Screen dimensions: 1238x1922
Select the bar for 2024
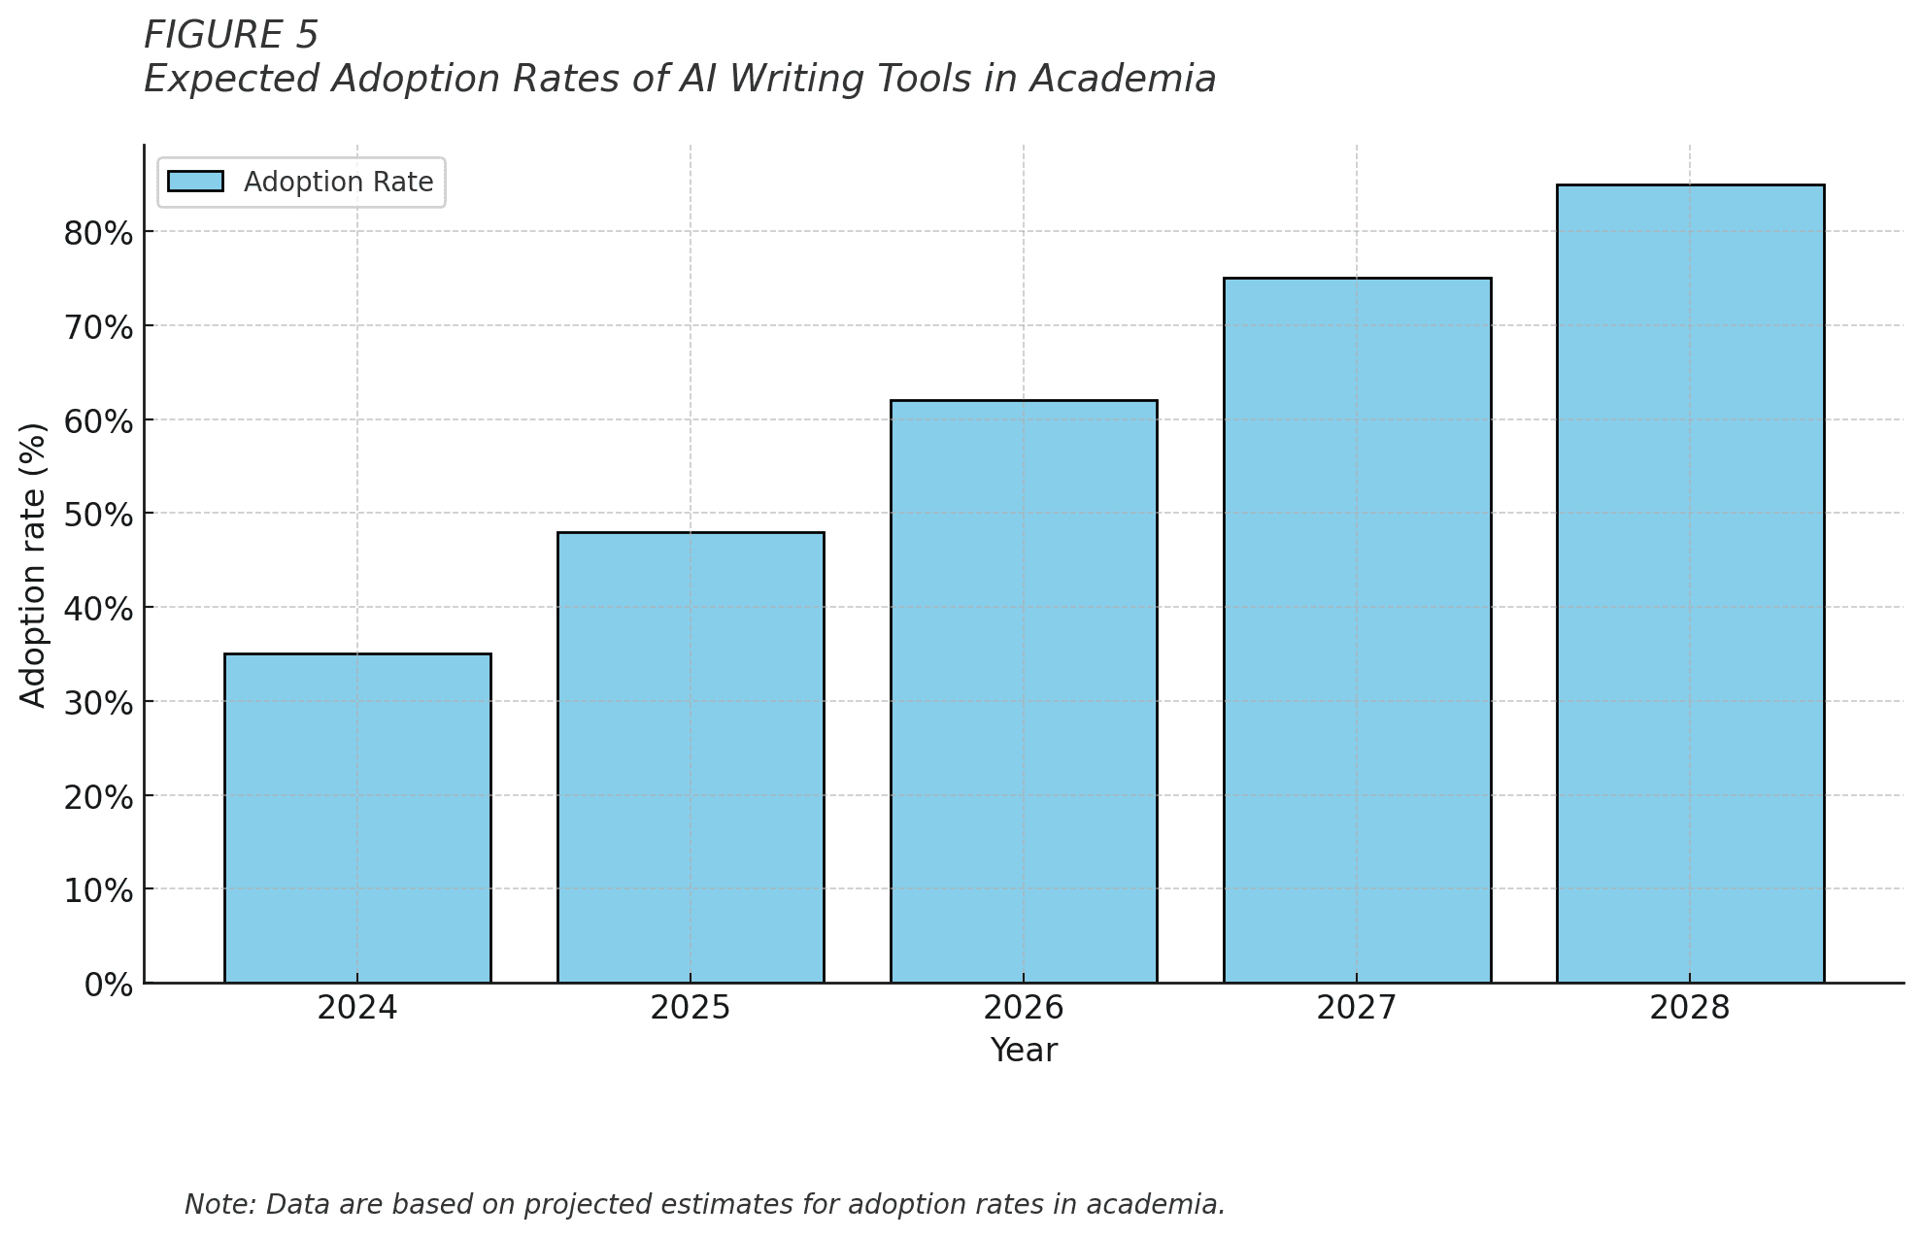[x=357, y=818]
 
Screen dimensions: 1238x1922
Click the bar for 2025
[x=691, y=757]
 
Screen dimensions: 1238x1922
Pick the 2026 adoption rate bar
[x=1024, y=691]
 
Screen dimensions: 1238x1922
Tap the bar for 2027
[x=1357, y=630]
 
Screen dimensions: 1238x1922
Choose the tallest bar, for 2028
[x=1690, y=583]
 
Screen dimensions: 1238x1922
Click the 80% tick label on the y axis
[x=98, y=233]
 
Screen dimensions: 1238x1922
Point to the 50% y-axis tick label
[x=98, y=515]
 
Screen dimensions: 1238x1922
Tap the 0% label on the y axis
[x=108, y=986]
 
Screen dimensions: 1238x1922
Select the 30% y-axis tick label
[x=98, y=703]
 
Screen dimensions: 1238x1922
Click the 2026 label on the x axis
[x=1024, y=1009]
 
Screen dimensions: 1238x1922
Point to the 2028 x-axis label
[x=1690, y=1009]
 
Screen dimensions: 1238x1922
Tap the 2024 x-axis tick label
[x=357, y=1009]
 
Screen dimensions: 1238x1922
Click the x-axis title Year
[x=1024, y=1051]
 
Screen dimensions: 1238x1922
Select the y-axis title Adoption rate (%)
[x=33, y=564]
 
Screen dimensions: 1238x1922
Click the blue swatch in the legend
[x=195, y=182]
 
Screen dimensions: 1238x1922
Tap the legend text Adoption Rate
[x=338, y=183]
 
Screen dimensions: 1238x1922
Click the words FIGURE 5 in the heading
[x=231, y=36]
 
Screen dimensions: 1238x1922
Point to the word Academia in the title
[x=1123, y=80]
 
